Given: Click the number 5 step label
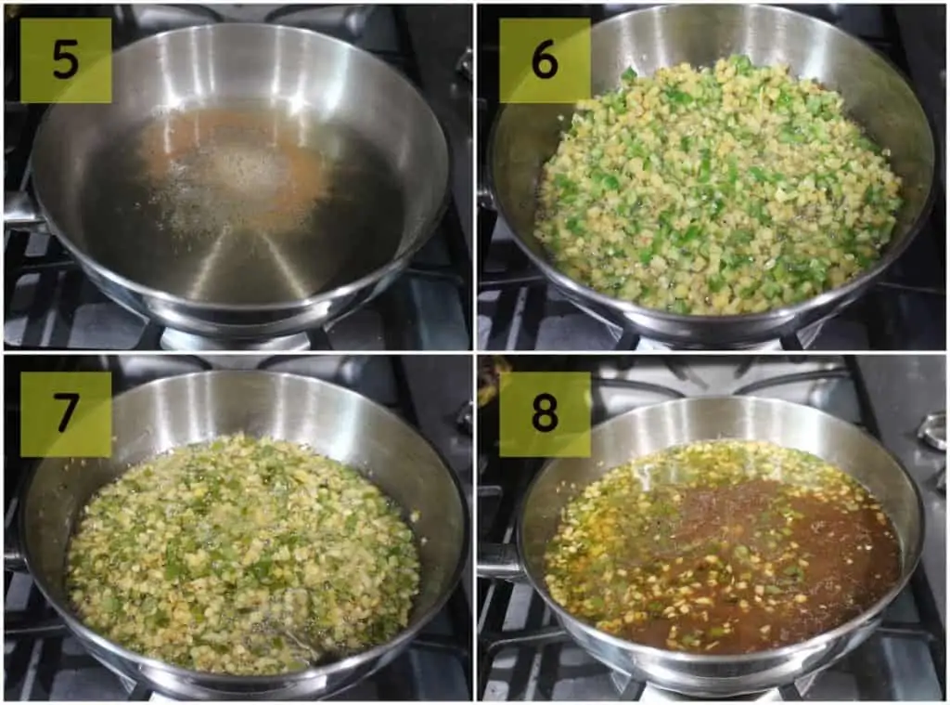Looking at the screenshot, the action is pos(66,59).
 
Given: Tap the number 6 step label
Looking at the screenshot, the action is pos(544,59).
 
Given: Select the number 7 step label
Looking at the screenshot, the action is pos(66,413).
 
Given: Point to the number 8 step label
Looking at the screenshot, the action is pos(544,413).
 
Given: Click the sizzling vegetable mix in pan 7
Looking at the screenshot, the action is pos(242,552).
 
